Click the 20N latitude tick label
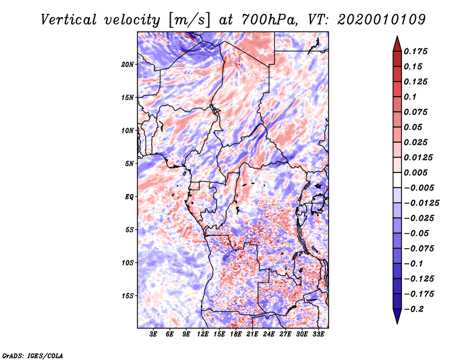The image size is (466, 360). (128, 64)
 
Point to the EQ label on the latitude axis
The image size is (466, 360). (129, 197)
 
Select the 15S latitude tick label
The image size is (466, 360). (128, 296)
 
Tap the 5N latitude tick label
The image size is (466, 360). (129, 164)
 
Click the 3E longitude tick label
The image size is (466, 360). (154, 334)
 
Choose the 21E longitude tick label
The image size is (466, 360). (252, 334)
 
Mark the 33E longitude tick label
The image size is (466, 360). (318, 334)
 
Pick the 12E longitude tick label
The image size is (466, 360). (203, 334)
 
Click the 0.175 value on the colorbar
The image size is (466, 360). (417, 51)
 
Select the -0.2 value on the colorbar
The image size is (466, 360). (415, 309)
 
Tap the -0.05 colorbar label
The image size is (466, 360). (417, 233)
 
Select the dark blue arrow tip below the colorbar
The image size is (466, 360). (397, 319)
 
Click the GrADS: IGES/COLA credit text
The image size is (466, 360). (32, 354)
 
